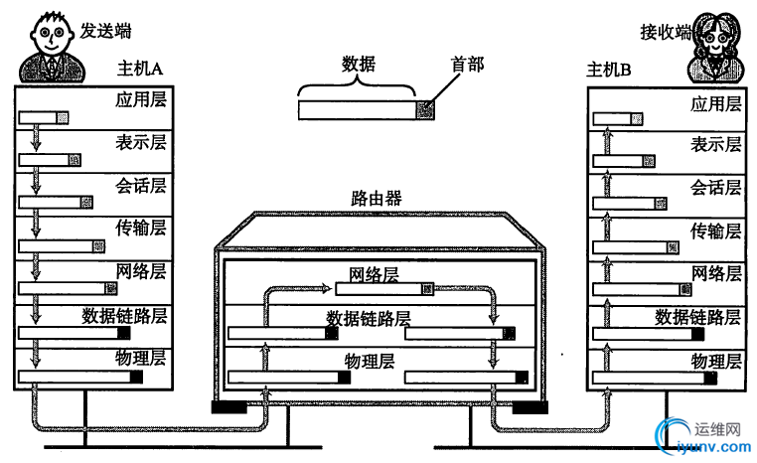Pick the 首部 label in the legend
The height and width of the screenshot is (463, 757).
[467, 65]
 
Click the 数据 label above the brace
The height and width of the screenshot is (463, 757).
[359, 65]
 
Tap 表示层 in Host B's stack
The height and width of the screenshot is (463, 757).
[716, 145]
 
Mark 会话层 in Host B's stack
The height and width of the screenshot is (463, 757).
[716, 188]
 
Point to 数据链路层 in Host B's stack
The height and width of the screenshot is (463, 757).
[697, 317]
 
